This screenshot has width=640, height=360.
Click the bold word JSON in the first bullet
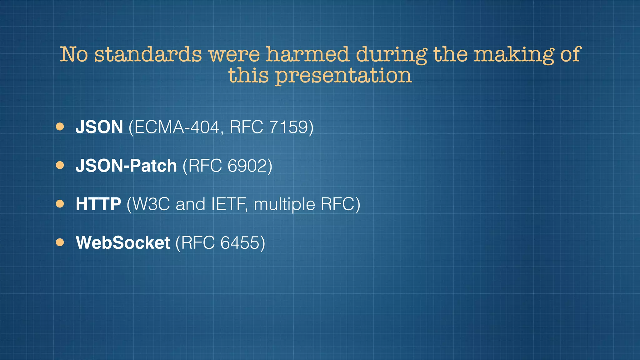99,127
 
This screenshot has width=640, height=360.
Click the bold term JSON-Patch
126,166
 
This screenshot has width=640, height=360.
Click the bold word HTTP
98,204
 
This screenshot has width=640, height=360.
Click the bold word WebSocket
123,242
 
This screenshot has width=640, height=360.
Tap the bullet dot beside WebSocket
60,242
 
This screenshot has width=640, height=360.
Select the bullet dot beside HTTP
60,204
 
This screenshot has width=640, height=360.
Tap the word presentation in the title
343,76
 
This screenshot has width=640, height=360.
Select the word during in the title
391,55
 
